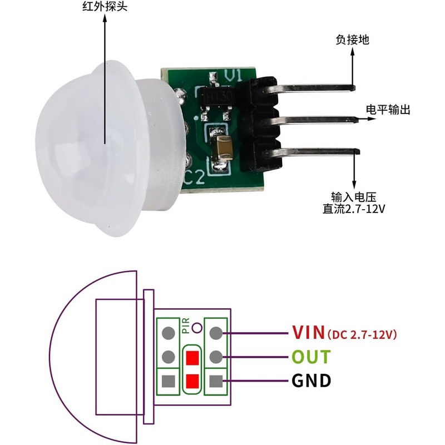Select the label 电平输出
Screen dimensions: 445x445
388,110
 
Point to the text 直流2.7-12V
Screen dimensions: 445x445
354,210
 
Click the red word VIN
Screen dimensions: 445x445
308,333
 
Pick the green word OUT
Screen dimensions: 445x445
311,357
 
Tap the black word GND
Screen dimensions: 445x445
311,381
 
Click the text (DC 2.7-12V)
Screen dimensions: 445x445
362,334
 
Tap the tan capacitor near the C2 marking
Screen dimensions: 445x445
222,149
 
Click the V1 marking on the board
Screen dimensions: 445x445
234,76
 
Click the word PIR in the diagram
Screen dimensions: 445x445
186,326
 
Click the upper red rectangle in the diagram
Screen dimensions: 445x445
192,357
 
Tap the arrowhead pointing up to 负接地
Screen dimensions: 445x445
353,53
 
